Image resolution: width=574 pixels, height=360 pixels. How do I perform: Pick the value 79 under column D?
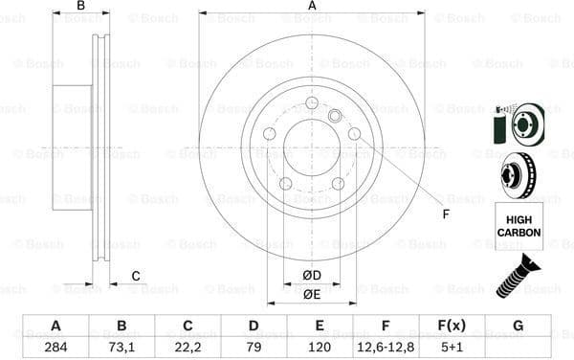pyautogui.click(x=254, y=346)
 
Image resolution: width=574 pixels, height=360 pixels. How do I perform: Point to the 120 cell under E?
pyautogui.click(x=319, y=346)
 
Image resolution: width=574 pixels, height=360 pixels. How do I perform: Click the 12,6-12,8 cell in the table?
pyautogui.click(x=386, y=346)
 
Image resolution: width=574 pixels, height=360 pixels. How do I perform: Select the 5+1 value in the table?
pyautogui.click(x=453, y=346)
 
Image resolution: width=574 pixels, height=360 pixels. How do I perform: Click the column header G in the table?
pyautogui.click(x=518, y=326)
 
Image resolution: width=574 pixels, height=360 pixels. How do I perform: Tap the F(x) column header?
pyautogui.click(x=453, y=326)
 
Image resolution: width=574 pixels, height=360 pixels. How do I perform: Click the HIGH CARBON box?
pyautogui.click(x=519, y=226)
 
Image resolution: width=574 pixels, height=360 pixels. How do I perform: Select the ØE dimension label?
pyautogui.click(x=312, y=294)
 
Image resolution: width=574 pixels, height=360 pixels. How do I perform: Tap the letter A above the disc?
pyautogui.click(x=313, y=7)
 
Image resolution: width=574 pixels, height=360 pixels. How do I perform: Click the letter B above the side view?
pyautogui.click(x=81, y=7)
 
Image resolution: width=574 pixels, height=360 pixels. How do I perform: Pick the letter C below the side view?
pyautogui.click(x=136, y=277)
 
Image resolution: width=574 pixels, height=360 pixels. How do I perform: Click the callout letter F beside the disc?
pyautogui.click(x=445, y=214)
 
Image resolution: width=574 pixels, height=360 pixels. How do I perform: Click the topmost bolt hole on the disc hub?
pyautogui.click(x=313, y=103)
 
